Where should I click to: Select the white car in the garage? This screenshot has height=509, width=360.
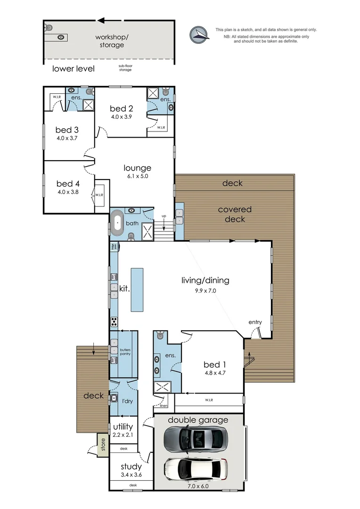196,468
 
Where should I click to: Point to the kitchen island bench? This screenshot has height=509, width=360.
137,289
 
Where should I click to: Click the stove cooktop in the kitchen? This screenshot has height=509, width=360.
114,322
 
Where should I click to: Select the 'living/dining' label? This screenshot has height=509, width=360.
205,280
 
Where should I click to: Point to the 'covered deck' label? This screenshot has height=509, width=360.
235,214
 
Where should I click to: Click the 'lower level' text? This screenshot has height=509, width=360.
73,69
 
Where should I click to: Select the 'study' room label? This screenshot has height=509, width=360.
131,467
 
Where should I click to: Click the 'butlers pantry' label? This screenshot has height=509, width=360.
125,352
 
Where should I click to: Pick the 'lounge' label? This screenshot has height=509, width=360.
138,168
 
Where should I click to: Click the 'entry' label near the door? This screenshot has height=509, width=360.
255,322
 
